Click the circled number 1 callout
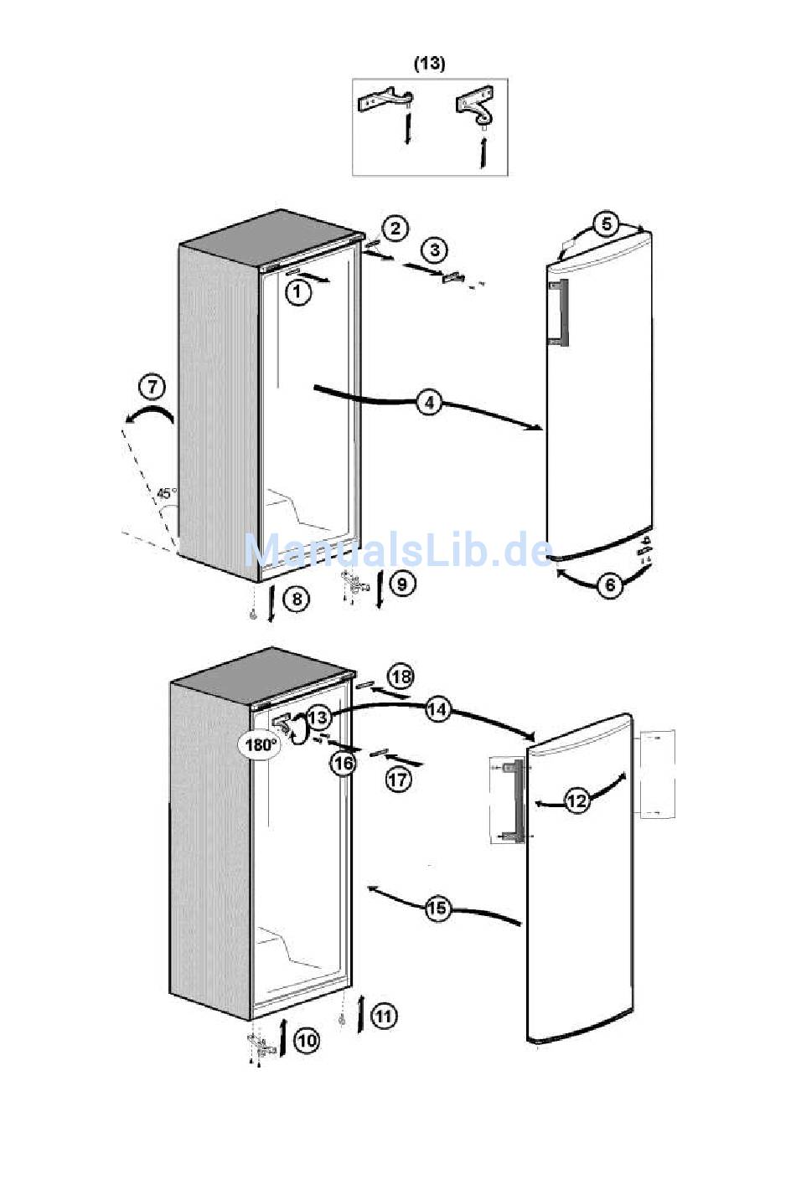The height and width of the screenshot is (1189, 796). [297, 291]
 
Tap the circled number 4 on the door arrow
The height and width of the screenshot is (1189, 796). [429, 403]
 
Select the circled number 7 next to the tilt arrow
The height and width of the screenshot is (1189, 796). [152, 387]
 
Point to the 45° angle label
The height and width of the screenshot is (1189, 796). [167, 492]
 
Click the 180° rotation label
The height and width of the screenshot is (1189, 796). [261, 744]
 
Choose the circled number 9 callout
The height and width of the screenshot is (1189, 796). [402, 582]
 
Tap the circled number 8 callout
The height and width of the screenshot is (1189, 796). [295, 599]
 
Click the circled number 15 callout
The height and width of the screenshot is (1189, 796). [437, 908]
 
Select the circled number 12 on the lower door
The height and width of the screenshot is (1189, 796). [576, 801]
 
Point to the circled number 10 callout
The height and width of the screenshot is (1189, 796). [307, 1041]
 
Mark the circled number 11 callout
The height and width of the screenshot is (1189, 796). [383, 1017]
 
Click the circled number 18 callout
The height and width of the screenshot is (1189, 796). [401, 677]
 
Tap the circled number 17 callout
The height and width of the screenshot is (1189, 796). [399, 780]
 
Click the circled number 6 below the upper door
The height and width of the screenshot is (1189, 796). [610, 584]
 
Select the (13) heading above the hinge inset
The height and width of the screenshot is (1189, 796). [429, 63]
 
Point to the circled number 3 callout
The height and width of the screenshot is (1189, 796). [434, 250]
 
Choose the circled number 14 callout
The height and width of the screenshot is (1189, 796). [437, 710]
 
